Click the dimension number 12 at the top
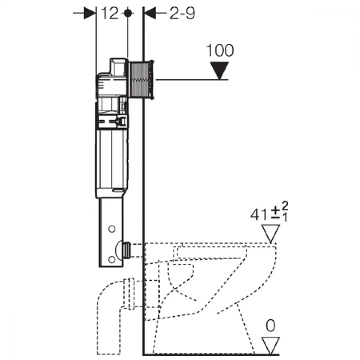click(x=109, y=13)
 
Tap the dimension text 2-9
click(x=182, y=13)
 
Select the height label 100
click(x=220, y=50)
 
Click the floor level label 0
click(x=271, y=325)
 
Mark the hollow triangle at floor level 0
click(x=271, y=346)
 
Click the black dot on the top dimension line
click(x=128, y=13)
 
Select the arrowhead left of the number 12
click(x=90, y=13)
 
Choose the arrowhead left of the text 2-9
click(x=150, y=13)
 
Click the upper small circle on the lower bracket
click(x=112, y=229)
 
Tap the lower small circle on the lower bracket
click(x=112, y=260)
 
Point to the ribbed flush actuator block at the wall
click(x=141, y=80)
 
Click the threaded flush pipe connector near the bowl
click(x=126, y=250)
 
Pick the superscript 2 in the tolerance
click(x=285, y=206)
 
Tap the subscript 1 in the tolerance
click(x=285, y=217)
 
